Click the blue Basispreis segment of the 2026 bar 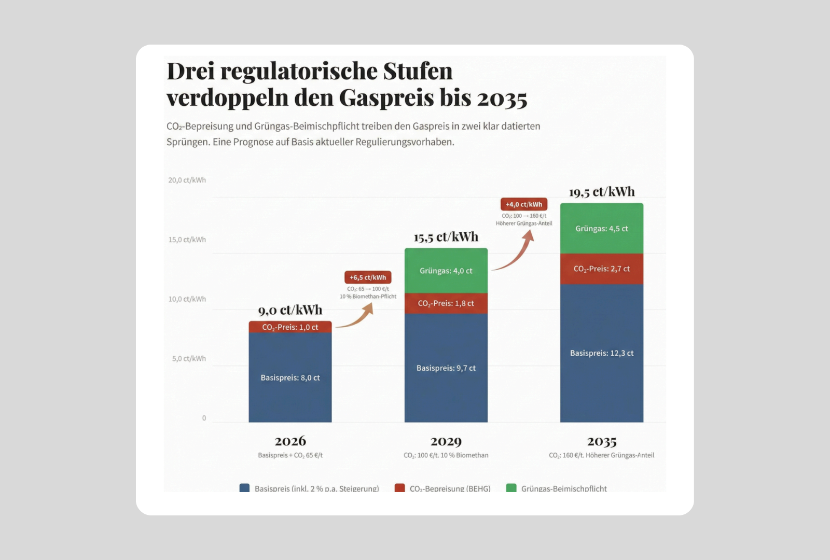(290, 377)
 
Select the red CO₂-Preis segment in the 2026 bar (290, 327)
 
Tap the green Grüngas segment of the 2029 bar (446, 271)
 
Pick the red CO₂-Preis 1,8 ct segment (446, 303)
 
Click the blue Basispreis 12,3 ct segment (602, 353)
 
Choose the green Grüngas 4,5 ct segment (602, 229)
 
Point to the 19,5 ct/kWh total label (602, 192)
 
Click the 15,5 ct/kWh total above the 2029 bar (446, 237)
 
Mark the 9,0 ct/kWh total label (290, 310)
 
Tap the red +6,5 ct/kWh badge (368, 277)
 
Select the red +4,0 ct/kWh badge (524, 204)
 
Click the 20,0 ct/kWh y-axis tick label (187, 180)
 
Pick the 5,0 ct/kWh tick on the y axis (189, 358)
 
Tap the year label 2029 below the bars (446, 441)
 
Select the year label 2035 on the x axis (602, 441)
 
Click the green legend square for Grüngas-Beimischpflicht (511, 488)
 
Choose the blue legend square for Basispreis (244, 488)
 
